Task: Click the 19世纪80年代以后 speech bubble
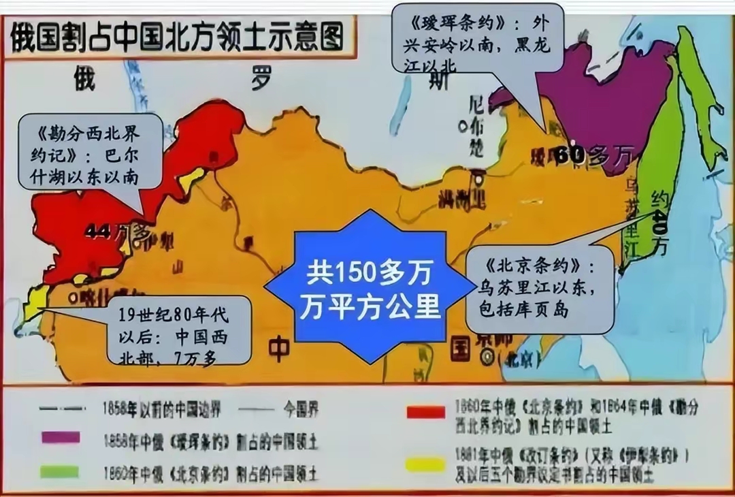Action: [180, 330]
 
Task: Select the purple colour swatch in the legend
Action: [60, 437]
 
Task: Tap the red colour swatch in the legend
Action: [425, 411]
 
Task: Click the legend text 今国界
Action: [299, 409]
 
